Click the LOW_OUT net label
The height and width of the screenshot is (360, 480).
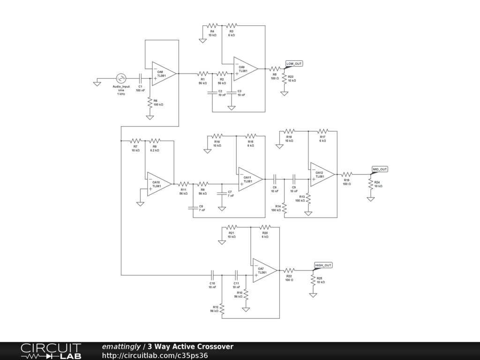[x=294, y=63]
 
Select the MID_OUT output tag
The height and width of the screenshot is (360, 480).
[x=380, y=169]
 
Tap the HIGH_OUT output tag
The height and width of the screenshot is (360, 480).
[x=323, y=265]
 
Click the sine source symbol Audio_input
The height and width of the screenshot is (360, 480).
[x=121, y=78]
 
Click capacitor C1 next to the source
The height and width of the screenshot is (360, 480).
[x=140, y=78]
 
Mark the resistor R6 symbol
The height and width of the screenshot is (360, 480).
[x=150, y=103]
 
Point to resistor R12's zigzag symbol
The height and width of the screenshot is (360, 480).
[x=222, y=308]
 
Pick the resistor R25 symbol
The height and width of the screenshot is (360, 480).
[x=313, y=280]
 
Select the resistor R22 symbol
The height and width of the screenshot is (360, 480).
[x=289, y=270]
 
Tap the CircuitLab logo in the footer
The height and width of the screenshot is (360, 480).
[x=51, y=351]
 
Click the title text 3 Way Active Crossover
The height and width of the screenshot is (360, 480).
[x=190, y=346]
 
